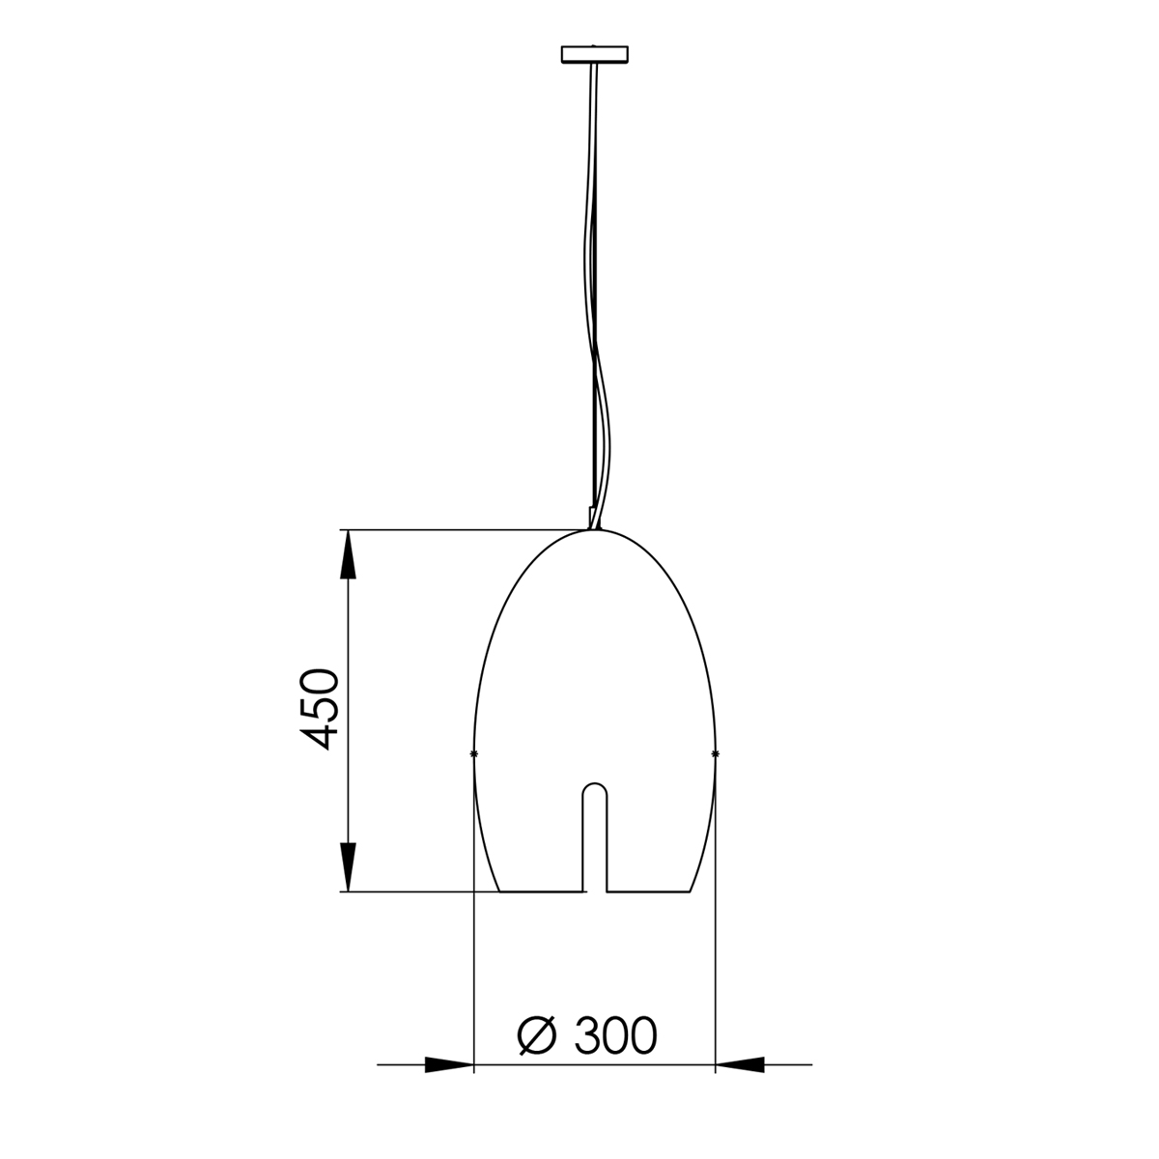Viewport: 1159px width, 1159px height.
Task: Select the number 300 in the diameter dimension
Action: [614, 1035]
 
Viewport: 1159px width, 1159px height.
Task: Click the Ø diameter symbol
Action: [538, 1035]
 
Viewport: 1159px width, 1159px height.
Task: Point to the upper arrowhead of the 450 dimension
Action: [348, 554]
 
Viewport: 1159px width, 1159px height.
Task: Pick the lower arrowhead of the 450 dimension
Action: [348, 866]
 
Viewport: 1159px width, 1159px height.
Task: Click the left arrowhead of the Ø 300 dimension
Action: [449, 1065]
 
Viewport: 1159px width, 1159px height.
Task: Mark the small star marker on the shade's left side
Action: [473, 752]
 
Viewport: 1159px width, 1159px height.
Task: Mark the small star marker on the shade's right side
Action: [715, 752]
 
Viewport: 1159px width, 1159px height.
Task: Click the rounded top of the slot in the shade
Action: [594, 786]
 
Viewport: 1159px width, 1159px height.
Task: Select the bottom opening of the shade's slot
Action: [594, 890]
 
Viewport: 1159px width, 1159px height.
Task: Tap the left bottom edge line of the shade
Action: [541, 891]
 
